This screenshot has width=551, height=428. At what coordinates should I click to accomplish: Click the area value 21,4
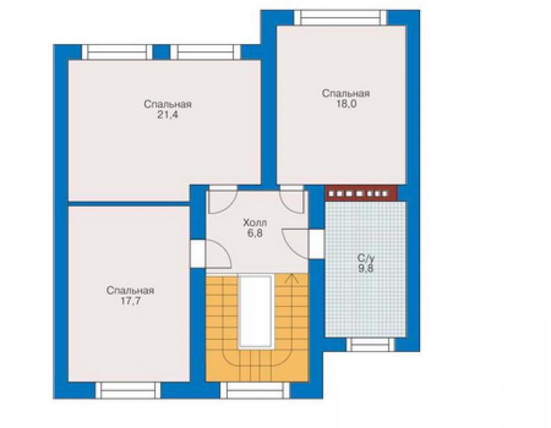click(168, 115)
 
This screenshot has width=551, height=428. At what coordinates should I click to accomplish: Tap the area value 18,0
click(346, 104)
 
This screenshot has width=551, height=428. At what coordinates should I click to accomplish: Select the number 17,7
click(130, 301)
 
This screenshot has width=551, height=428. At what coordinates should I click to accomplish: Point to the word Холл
click(255, 223)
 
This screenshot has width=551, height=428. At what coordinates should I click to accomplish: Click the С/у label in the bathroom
click(366, 258)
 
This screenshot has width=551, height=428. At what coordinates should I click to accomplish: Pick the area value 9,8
click(366, 269)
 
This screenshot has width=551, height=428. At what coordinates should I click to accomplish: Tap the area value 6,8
click(255, 233)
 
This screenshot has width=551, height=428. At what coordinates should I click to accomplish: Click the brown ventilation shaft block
click(362, 193)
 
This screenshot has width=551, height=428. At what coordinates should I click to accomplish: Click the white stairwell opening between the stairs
click(256, 311)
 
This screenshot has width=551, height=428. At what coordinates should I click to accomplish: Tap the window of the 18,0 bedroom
click(340, 18)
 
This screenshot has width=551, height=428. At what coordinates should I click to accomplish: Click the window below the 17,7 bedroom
click(128, 390)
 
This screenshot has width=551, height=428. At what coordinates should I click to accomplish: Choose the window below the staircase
click(255, 390)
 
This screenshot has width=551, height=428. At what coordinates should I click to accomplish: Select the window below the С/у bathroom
click(371, 345)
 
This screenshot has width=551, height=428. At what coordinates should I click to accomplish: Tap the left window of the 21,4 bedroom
click(118, 52)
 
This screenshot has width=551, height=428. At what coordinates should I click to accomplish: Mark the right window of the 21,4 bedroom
click(206, 52)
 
